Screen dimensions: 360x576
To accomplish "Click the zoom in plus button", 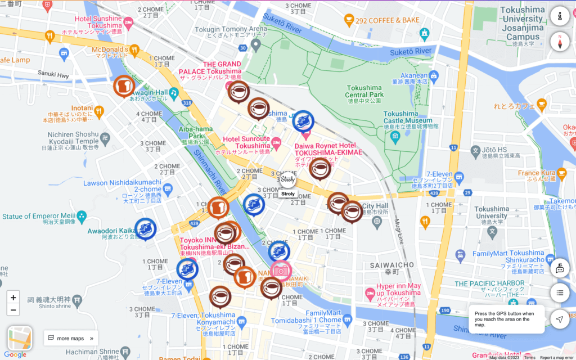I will point(13,298).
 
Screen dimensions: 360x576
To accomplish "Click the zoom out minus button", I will point(13,310).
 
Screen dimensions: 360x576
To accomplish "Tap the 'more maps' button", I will point(70,338).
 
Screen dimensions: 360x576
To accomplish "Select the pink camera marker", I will point(280,271).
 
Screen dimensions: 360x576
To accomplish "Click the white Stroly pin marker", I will point(287,179).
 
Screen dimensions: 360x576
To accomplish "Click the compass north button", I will point(559,42).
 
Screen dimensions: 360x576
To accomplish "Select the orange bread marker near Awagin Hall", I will point(124,86).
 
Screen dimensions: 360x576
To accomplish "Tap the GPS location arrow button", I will point(559,319).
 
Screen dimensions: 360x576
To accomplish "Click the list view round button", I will point(559,292).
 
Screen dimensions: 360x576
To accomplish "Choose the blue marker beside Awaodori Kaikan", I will point(145,228).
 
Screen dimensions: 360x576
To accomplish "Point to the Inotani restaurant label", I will point(82,107).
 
